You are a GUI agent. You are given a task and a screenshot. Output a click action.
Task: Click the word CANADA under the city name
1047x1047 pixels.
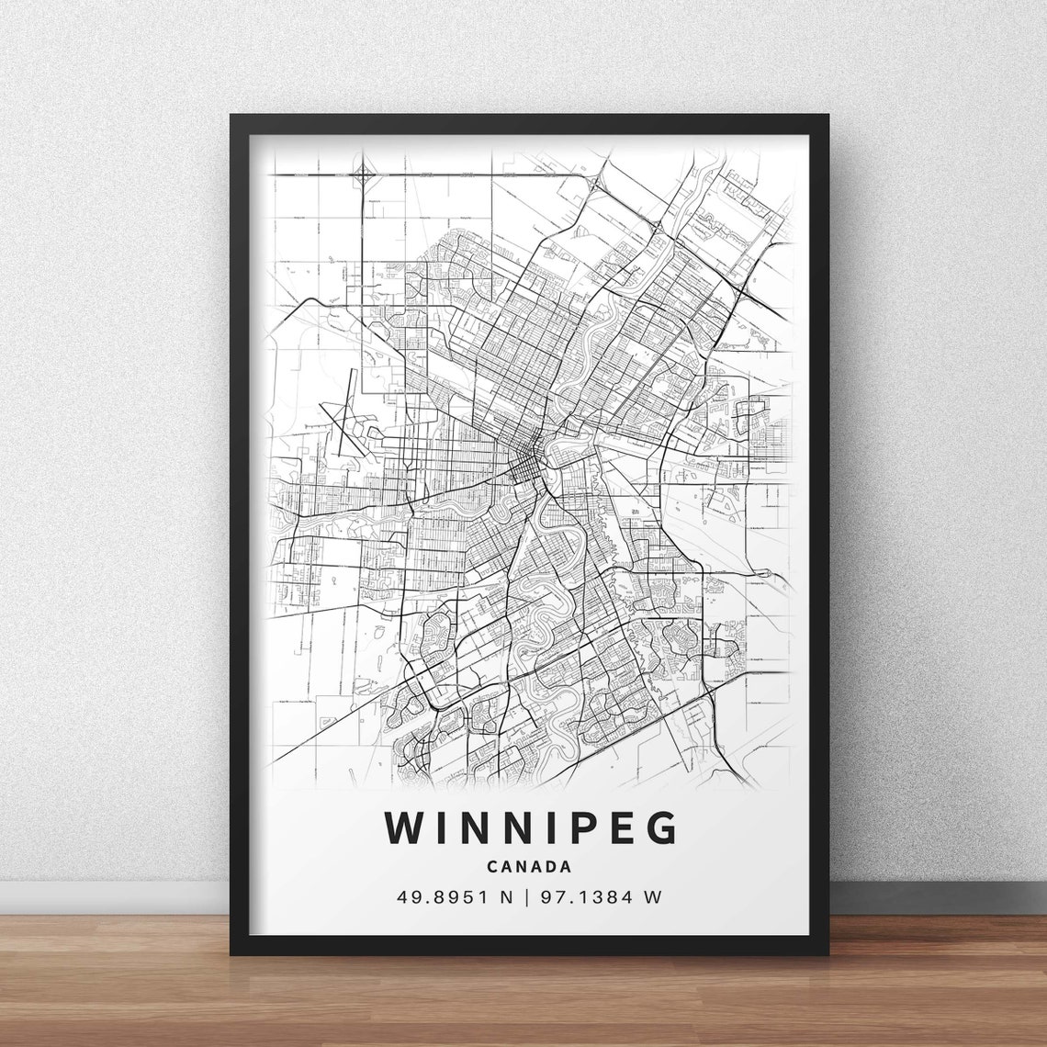[530, 866]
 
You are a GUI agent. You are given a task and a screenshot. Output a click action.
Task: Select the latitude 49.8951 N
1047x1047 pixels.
[453, 897]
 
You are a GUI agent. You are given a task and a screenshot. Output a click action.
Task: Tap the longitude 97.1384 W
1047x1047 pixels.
[601, 897]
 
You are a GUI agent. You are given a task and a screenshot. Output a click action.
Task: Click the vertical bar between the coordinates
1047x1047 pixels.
[527, 897]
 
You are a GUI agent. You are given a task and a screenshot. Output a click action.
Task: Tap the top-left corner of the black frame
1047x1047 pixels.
[233, 118]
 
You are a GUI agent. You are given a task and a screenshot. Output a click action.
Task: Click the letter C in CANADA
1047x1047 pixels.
[493, 866]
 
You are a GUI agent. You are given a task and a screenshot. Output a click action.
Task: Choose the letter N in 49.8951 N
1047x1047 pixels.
[504, 897]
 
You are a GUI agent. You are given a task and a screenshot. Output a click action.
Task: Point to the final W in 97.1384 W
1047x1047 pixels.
[653, 897]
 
